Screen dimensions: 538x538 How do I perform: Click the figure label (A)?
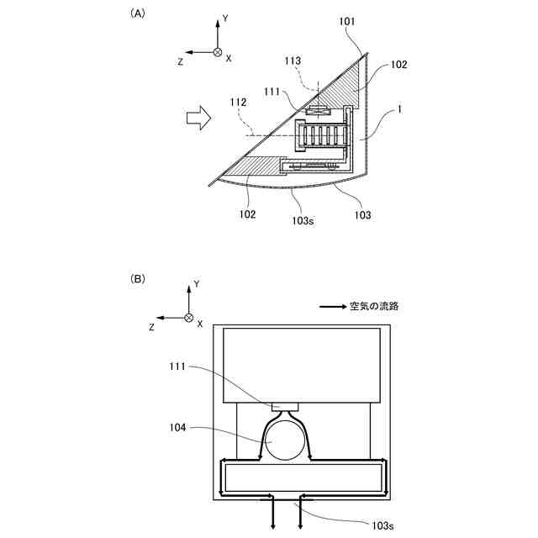point(136,13)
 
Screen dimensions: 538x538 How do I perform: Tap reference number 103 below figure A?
point(363,216)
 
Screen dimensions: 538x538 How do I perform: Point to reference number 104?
point(178,428)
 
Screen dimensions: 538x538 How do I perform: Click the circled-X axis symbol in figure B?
point(189,319)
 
